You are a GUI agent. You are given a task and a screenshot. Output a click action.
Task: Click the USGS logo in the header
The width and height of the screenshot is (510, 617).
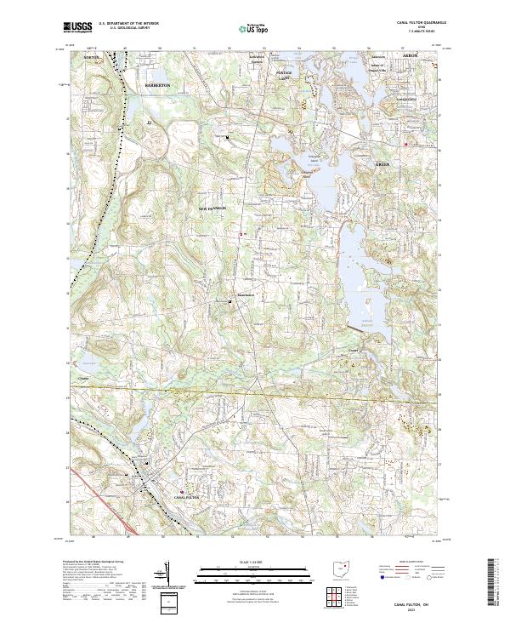pyautogui.click(x=78, y=27)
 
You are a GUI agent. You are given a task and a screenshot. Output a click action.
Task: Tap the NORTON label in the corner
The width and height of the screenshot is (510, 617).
pyautogui.click(x=92, y=57)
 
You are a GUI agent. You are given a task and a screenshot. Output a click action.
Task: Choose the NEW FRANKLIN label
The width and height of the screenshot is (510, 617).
pyautogui.click(x=212, y=208)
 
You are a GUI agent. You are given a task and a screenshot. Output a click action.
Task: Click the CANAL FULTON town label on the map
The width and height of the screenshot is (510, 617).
pyautogui.click(x=185, y=495)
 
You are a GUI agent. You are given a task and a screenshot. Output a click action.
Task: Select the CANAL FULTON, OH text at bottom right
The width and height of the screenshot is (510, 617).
pyautogui.click(x=415, y=600)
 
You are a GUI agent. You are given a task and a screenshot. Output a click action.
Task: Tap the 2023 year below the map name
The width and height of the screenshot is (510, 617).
pyautogui.click(x=414, y=607)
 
